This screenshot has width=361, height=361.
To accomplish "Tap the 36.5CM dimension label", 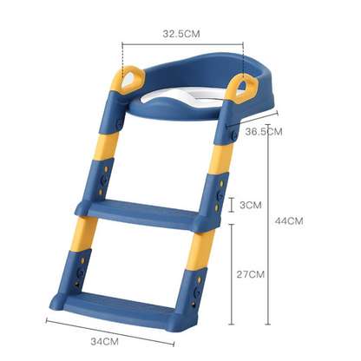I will pos(263,132).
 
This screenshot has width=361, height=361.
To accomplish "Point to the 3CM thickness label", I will pos(251,205).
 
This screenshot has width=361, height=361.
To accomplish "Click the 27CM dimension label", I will pos(251,275).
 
